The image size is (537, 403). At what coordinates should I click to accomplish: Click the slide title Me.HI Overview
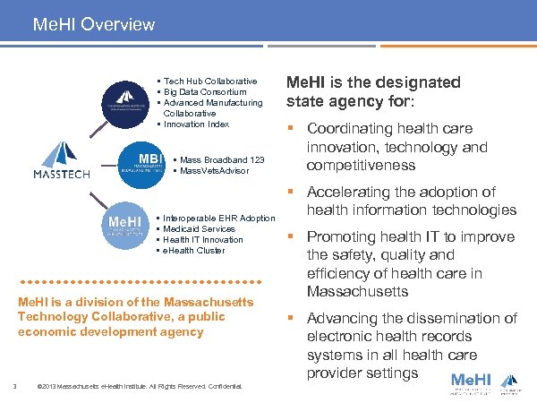click(x=93, y=24)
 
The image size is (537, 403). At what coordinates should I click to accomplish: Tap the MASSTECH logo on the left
click(x=62, y=161)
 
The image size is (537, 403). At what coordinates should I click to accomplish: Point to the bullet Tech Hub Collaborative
click(x=209, y=81)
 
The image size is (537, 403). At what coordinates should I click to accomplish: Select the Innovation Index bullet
click(x=197, y=124)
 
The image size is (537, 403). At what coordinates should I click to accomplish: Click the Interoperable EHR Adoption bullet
click(x=218, y=219)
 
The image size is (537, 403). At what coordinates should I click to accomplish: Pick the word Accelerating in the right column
click(x=354, y=192)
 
